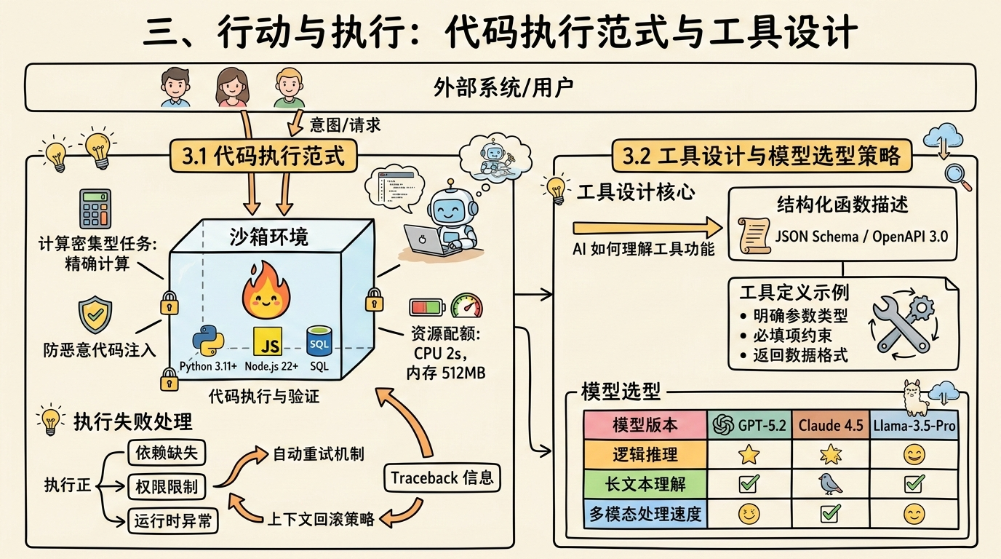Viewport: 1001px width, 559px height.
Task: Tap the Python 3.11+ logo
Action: pos(207,341)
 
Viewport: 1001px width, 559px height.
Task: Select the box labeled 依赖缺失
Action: pos(167,452)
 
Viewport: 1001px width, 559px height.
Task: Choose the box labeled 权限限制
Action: pos(167,486)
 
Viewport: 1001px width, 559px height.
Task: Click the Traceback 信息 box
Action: pos(442,477)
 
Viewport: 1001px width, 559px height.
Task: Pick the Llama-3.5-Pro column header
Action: pos(914,425)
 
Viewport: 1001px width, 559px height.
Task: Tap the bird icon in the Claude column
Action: pos(830,483)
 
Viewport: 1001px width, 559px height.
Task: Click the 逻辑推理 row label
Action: pos(645,455)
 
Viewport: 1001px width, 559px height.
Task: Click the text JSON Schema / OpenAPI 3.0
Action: pos(861,235)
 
